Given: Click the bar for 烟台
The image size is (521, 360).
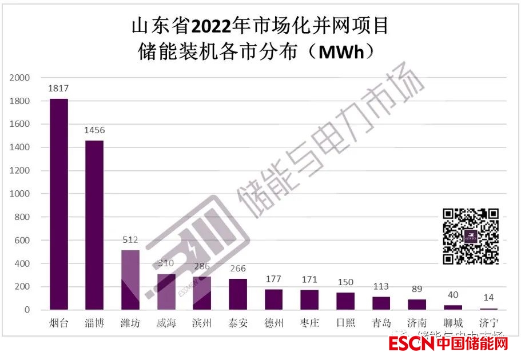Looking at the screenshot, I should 59,204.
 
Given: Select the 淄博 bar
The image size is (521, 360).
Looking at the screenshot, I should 94,225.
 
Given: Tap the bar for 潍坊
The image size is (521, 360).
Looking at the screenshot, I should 130,280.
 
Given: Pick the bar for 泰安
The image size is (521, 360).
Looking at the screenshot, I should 238,294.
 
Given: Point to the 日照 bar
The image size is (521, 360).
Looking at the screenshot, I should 345,301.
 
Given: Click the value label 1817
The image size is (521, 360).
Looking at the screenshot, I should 59,89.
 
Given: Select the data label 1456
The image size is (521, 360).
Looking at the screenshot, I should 94,131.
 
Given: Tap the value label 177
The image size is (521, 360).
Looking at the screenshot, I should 274,279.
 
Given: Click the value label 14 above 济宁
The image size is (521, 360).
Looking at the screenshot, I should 488,298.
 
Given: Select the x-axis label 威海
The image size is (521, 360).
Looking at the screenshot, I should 166,324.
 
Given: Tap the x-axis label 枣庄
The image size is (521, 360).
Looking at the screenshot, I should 309,324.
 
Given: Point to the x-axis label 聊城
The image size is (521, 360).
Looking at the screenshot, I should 452,324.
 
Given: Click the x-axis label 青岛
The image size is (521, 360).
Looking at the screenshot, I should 381,324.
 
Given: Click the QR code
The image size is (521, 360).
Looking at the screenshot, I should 471,236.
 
